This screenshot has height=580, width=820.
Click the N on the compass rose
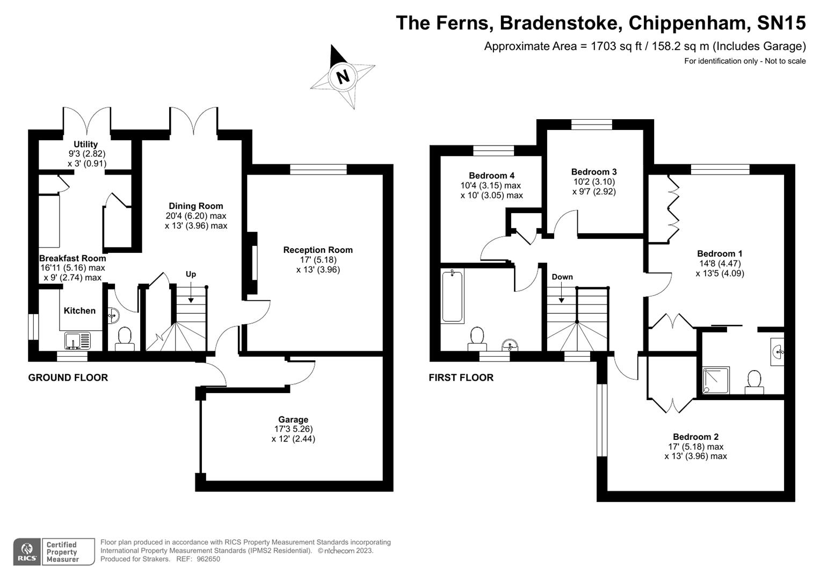[343, 77]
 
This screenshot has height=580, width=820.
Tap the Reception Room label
[318, 250]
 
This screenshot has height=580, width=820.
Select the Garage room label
[293, 419]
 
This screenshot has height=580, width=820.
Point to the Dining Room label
[196, 206]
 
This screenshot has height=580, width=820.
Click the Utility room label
[86, 144]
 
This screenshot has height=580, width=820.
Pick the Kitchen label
[79, 311]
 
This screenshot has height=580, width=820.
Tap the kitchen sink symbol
[78, 340]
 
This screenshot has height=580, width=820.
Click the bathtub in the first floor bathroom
[453, 296]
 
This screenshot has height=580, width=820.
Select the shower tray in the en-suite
[716, 380]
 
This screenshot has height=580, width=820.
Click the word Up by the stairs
[191, 274]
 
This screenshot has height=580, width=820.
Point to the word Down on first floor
[562, 277]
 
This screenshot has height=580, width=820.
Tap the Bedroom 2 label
[695, 437]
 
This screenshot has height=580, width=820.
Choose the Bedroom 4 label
[492, 176]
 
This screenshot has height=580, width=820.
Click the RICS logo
[27, 552]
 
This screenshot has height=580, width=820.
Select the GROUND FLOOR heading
[68, 378]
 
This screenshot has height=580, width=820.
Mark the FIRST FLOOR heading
[461, 378]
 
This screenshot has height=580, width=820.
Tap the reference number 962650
[208, 559]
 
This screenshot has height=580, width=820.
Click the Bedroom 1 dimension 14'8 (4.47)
[720, 264]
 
